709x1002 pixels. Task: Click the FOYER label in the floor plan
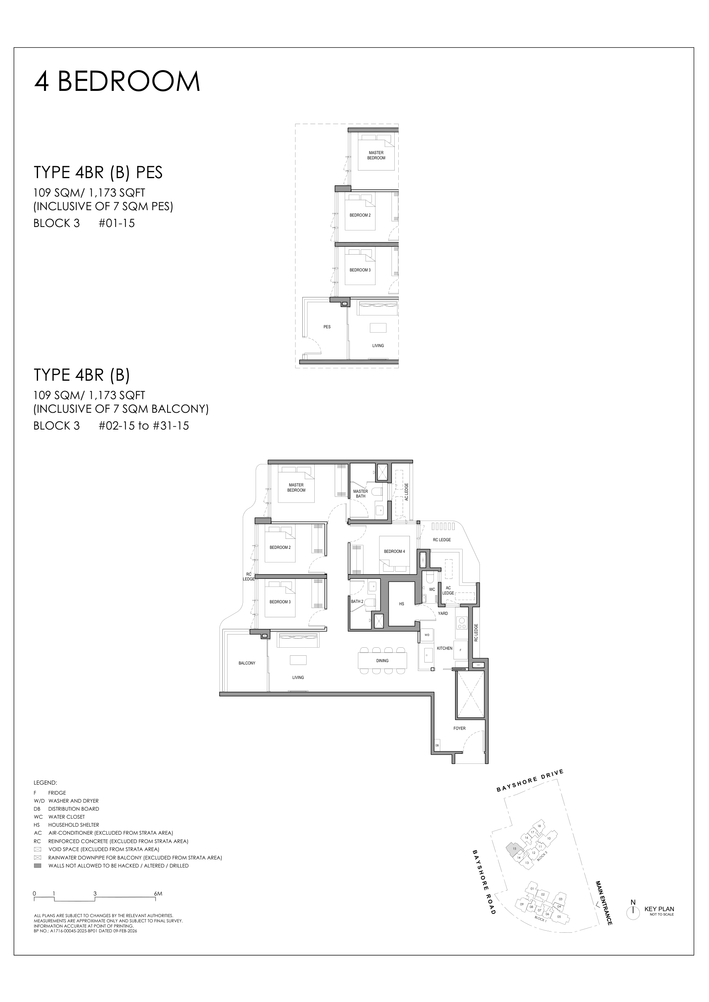click(x=459, y=729)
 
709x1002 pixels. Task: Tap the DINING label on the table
click(x=382, y=661)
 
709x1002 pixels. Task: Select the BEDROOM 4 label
click(x=394, y=552)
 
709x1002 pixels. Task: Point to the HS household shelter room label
click(x=401, y=604)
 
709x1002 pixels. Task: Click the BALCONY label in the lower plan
click(x=247, y=663)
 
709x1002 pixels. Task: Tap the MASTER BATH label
click(x=361, y=494)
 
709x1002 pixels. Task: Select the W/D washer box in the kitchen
click(x=427, y=635)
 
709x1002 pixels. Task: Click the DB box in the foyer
click(x=437, y=745)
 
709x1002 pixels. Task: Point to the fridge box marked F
click(x=460, y=650)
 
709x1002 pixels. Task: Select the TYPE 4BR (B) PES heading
click(x=98, y=173)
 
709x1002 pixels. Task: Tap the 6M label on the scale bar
click(x=158, y=891)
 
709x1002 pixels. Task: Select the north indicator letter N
click(x=633, y=902)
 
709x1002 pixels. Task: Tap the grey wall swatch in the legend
click(x=38, y=865)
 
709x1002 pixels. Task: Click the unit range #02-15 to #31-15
click(x=144, y=426)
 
